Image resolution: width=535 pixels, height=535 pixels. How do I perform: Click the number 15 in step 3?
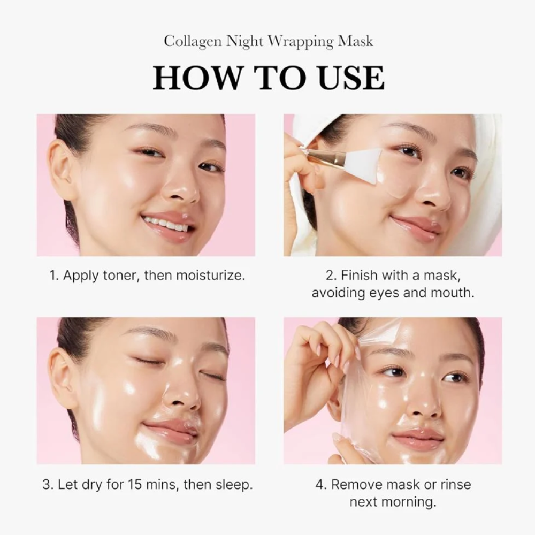tap(135, 484)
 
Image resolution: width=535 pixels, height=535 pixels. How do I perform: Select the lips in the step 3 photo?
tap(171, 430)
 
